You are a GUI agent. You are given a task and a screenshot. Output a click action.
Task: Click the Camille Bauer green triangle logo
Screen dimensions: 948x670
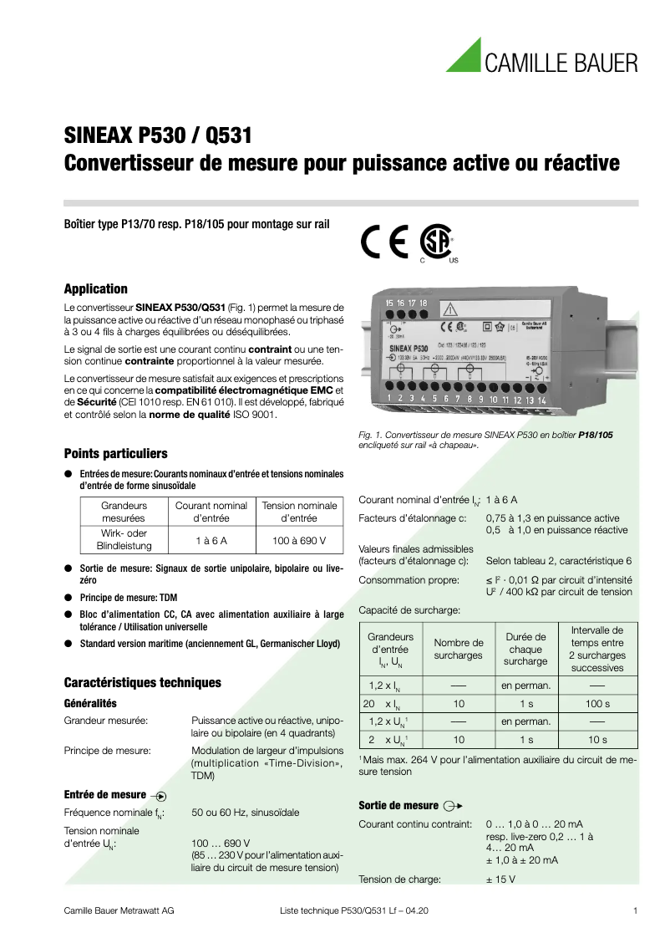464,56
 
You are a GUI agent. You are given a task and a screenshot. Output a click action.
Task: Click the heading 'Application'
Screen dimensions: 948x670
96,289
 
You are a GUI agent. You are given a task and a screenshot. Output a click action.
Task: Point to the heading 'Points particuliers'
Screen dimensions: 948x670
116,454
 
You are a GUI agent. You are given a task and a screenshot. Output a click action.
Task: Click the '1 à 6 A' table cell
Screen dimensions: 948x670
211,540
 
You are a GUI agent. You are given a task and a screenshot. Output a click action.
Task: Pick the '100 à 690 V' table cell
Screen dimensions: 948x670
300,540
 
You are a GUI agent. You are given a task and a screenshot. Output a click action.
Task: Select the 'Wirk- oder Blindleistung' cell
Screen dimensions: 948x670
124,540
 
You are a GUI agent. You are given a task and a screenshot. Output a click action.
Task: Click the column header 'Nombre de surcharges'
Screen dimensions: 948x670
459,649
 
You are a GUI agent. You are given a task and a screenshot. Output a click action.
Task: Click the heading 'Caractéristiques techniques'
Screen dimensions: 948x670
143,682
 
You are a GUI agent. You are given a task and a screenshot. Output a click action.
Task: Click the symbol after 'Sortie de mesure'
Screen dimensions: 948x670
453,806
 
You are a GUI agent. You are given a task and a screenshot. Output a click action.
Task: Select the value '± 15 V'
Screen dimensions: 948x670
500,879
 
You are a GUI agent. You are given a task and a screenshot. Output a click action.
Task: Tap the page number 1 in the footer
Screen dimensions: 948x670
636,910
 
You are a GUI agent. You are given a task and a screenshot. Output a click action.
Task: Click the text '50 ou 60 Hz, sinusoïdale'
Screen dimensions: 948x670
246,813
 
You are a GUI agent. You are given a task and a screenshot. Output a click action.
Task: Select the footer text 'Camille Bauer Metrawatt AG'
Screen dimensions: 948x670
119,910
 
